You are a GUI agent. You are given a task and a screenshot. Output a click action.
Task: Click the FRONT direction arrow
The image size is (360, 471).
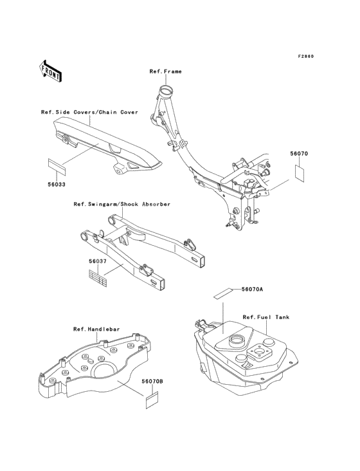[50, 71]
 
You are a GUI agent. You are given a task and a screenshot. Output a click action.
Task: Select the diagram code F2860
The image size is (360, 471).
[306, 56]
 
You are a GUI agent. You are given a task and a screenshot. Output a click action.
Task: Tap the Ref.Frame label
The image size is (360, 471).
[166, 71]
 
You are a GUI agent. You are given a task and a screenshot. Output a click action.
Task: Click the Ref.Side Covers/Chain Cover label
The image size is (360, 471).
[90, 113]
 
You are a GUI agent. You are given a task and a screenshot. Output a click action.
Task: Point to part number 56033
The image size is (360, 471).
[57, 185]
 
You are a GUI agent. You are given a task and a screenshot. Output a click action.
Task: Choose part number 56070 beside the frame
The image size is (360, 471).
[299, 154]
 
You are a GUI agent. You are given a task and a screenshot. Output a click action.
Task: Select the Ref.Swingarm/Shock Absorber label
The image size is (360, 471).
[122, 204]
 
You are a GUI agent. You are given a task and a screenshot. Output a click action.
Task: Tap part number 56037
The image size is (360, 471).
[98, 261]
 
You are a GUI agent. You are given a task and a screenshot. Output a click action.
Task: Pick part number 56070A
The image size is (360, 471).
[252, 290]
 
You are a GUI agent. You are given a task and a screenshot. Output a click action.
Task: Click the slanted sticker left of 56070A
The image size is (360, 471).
[223, 293]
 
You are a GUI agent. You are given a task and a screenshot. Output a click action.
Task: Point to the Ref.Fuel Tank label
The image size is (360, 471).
[266, 317]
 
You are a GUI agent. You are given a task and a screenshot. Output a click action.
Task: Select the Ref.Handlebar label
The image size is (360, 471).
[96, 329]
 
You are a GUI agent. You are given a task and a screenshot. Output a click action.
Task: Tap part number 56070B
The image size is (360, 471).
[152, 381]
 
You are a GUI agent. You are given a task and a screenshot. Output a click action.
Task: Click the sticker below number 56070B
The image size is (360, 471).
[152, 400]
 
